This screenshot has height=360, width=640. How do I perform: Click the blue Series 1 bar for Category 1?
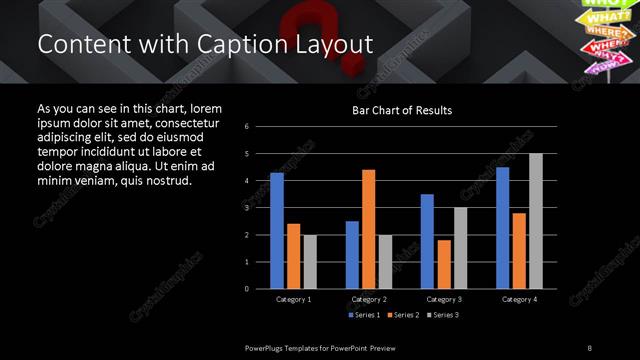click(x=277, y=231)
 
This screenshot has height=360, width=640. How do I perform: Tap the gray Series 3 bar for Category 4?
click(x=536, y=221)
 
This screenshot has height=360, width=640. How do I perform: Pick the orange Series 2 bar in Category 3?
click(x=444, y=264)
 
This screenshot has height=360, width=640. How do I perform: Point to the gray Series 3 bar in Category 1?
click(x=310, y=262)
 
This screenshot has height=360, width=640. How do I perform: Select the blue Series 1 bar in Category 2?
click(x=352, y=255)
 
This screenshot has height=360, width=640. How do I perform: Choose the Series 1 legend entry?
click(x=364, y=315)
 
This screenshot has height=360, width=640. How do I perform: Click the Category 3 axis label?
click(x=443, y=299)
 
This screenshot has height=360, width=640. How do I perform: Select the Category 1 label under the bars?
click(x=293, y=299)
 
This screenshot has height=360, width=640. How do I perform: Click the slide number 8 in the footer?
click(x=590, y=348)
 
